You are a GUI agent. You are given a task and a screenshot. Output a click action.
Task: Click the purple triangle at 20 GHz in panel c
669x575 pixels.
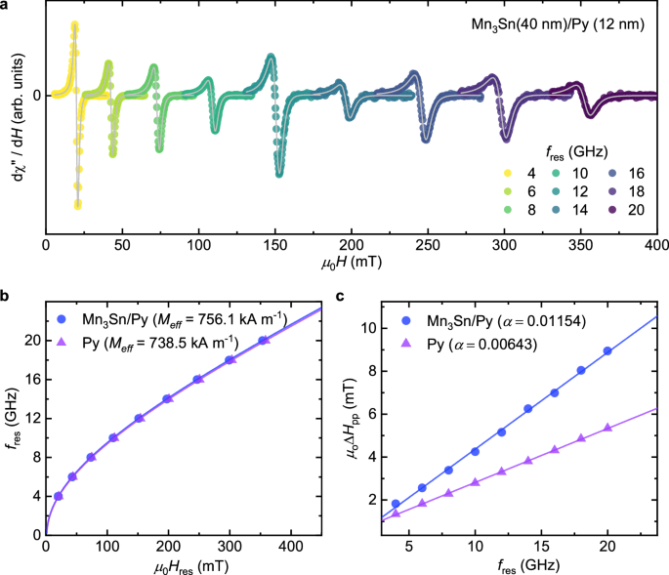[607, 428]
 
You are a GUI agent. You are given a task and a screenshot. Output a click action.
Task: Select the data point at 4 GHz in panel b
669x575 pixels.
[59, 496]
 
